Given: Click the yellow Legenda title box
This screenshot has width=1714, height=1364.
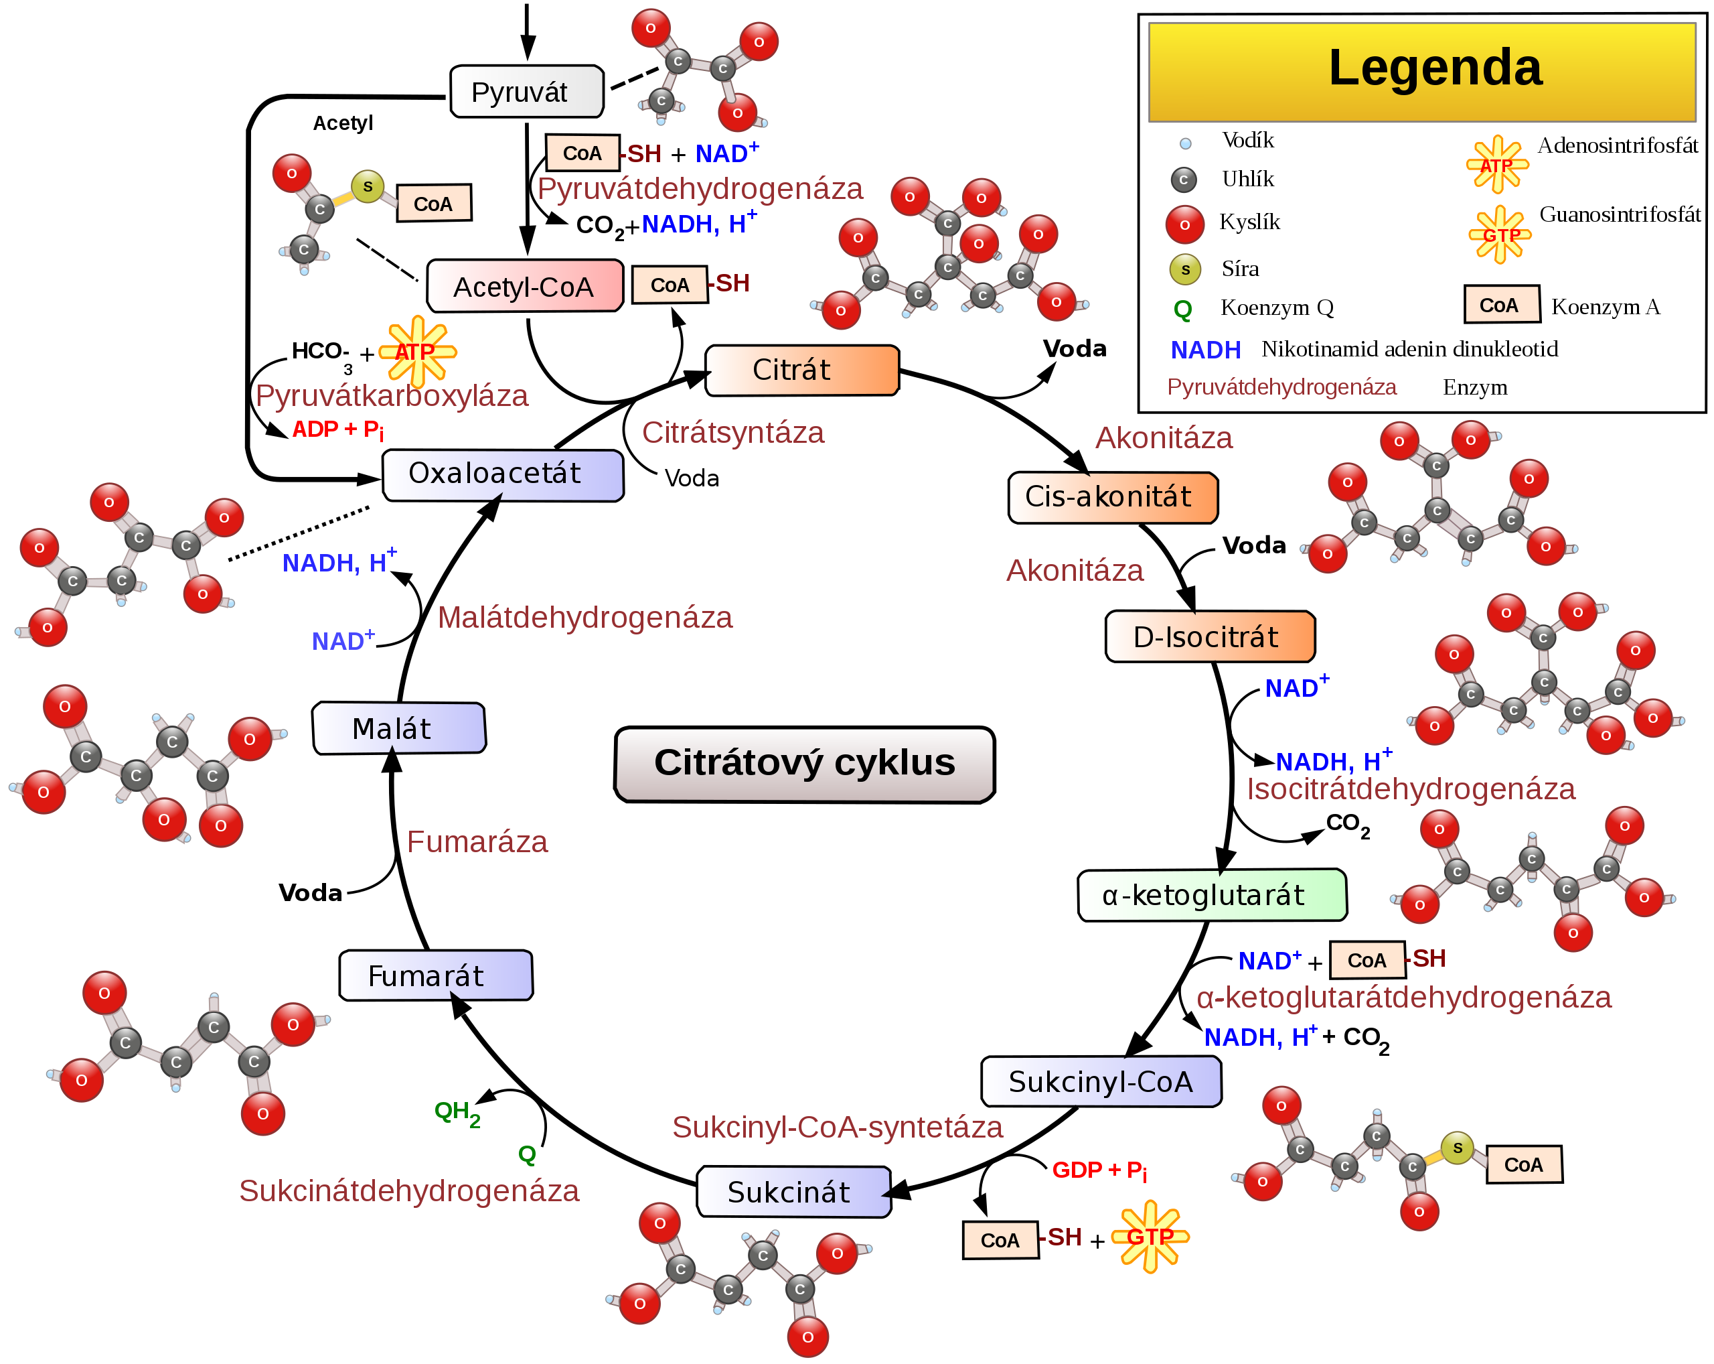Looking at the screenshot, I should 1422,72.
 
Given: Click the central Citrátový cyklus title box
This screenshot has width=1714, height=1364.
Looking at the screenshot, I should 805,764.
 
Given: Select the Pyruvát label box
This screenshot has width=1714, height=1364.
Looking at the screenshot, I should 526,92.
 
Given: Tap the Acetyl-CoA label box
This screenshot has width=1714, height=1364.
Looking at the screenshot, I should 525,285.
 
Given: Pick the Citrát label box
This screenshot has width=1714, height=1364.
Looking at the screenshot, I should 802,370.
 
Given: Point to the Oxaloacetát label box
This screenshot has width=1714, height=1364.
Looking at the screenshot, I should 502,475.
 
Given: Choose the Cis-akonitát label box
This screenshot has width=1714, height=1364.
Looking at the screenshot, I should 1112,498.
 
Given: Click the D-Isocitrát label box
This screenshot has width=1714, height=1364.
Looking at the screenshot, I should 1209,636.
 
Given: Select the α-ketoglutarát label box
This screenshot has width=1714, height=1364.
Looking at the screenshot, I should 1212,895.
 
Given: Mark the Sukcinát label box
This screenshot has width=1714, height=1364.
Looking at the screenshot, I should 793,1191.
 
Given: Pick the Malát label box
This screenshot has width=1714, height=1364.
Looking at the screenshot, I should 398,728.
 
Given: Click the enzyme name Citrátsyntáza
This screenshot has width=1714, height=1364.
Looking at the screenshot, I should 733,433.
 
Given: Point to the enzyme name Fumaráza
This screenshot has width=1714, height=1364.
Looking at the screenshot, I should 477,841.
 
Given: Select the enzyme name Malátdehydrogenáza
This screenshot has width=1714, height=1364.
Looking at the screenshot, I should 585,617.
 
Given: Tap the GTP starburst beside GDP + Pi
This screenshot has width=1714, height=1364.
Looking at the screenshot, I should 1150,1236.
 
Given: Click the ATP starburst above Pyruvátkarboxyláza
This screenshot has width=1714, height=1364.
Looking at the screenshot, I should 416,352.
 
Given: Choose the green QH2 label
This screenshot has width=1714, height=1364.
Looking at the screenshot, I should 457,1112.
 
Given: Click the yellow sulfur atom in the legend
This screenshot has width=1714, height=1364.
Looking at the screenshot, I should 1184,269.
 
